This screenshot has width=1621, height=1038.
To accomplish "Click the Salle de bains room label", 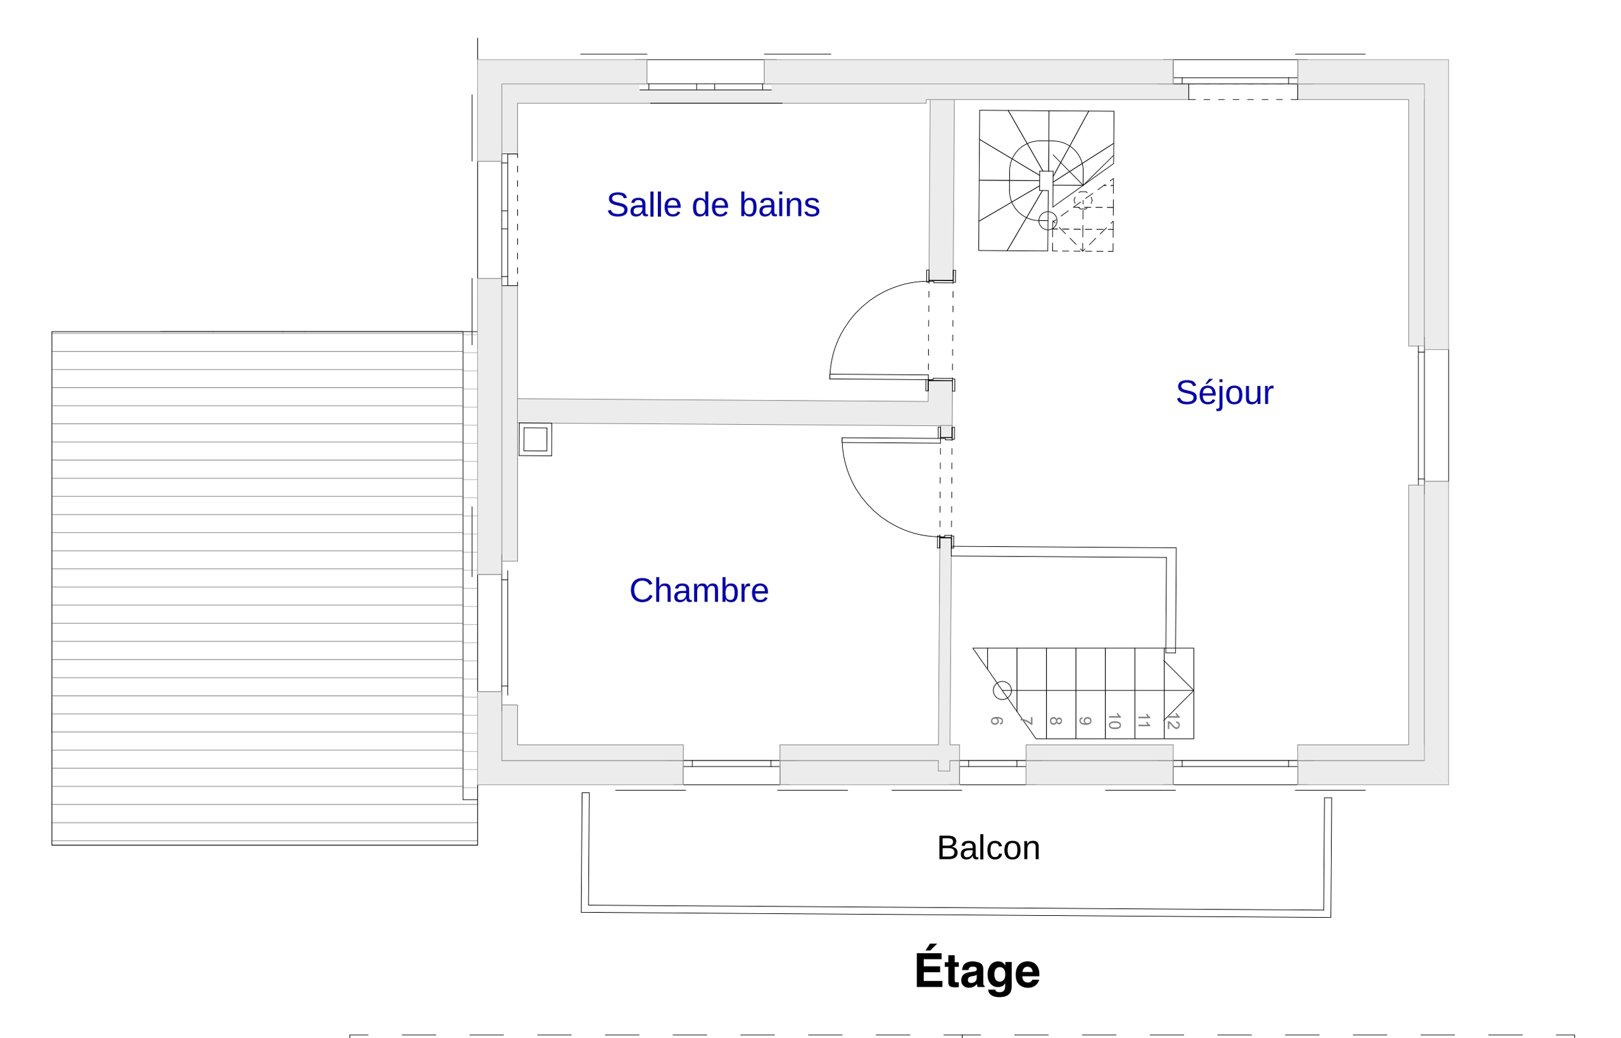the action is pyautogui.click(x=713, y=205).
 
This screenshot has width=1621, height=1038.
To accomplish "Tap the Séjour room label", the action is pyautogui.click(x=1224, y=393).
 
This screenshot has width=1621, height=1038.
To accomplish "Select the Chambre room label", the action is pyautogui.click(x=698, y=591).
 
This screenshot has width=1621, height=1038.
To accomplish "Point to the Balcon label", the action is pyautogui.click(x=988, y=848).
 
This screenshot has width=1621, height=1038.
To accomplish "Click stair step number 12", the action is pyautogui.click(x=1173, y=720).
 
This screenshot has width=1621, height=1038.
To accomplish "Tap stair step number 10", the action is pyautogui.click(x=1114, y=720).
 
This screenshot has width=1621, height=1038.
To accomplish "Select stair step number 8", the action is pyautogui.click(x=1056, y=720).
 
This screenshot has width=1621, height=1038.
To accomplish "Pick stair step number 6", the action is pyautogui.click(x=996, y=720).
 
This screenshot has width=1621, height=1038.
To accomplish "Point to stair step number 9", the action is pyautogui.click(x=1085, y=720).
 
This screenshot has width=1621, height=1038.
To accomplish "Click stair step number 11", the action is pyautogui.click(x=1144, y=720).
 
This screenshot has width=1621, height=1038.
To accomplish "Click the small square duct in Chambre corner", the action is pyautogui.click(x=536, y=439).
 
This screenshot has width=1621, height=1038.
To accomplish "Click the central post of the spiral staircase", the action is pyautogui.click(x=1046, y=180).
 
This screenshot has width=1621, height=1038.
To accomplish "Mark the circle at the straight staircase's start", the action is pyautogui.click(x=1002, y=690).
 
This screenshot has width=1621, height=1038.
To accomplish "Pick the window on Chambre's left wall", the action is pyautogui.click(x=493, y=633).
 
